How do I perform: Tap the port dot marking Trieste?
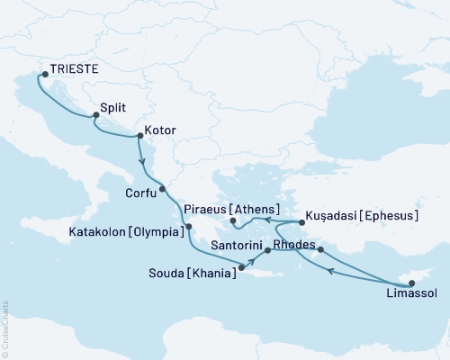(x=46, y=76)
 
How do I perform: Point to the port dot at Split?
(x=95, y=115)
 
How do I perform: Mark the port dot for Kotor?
(x=139, y=137)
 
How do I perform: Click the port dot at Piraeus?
(x=232, y=220)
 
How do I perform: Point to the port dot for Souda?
(x=241, y=265)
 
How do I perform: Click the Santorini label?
(x=235, y=245)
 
